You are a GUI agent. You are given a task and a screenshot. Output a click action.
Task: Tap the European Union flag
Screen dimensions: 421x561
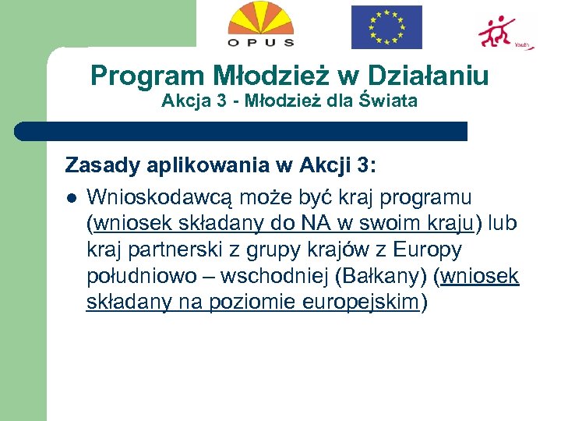pyautogui.click(x=386, y=27)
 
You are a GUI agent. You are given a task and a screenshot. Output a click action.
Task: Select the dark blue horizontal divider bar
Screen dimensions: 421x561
pyautogui.click(x=242, y=130)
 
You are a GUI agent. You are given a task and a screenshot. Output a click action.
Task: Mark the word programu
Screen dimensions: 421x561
pyautogui.click(x=426, y=197)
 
